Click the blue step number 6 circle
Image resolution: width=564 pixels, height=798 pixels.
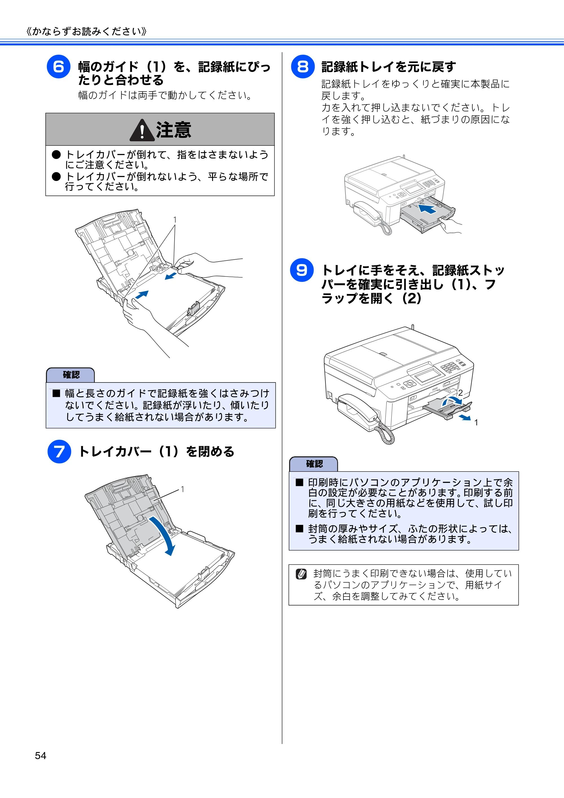click(x=58, y=67)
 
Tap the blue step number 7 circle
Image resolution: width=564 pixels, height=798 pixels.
click(x=59, y=452)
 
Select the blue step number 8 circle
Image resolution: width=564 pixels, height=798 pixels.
click(x=303, y=67)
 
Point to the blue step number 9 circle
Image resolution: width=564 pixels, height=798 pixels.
click(x=302, y=270)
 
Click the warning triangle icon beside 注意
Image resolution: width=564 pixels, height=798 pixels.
click(x=142, y=130)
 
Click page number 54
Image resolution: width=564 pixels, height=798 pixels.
click(x=41, y=756)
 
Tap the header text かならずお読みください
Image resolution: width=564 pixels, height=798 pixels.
click(x=87, y=32)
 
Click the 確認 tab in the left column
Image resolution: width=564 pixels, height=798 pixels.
click(x=70, y=375)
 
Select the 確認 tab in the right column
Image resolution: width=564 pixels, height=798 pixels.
click(x=314, y=464)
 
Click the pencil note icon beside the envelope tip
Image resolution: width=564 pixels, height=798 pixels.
click(x=301, y=574)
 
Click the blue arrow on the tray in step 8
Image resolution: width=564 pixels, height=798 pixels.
click(x=427, y=209)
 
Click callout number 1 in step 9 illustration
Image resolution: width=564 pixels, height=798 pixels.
click(x=476, y=422)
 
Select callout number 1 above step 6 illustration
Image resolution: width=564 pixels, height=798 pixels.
click(x=175, y=220)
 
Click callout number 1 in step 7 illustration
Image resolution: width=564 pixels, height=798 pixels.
click(x=182, y=489)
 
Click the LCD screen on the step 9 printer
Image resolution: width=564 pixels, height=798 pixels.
click(x=427, y=375)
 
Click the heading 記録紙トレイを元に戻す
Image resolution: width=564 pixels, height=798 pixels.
click(x=388, y=67)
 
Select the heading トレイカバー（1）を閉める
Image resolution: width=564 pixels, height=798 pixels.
click(x=157, y=452)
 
